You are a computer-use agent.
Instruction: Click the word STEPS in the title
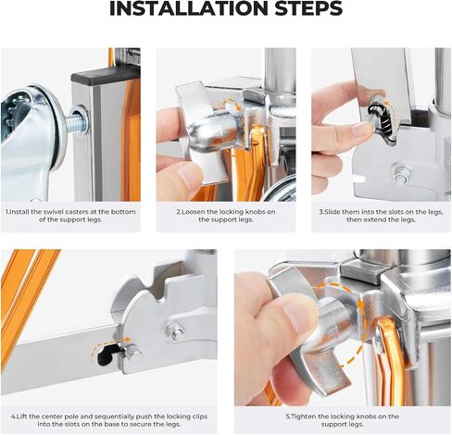point(308,8)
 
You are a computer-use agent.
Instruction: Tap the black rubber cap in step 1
point(106,73)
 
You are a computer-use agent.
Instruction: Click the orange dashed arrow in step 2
point(233,105)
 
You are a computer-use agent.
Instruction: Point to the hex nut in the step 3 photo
point(399,170)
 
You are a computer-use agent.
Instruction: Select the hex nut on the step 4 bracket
point(175,331)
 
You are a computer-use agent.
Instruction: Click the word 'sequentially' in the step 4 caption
point(116,416)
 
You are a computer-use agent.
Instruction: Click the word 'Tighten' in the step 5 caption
point(305,416)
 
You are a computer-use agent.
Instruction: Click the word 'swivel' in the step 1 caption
point(66,212)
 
